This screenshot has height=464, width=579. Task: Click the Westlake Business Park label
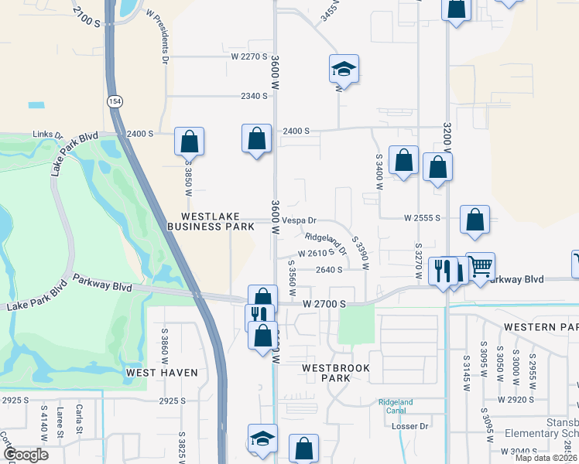[x=211, y=222]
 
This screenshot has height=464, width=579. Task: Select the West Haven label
[x=162, y=373]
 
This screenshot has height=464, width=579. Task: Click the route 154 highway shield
[x=115, y=101]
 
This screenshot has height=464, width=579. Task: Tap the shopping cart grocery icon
[x=481, y=267]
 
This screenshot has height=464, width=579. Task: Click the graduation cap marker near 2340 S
[x=343, y=70]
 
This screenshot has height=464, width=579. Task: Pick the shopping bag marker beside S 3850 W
[x=189, y=142]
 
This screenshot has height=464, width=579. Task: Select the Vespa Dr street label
[x=300, y=220]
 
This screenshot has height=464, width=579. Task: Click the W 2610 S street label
[x=316, y=253]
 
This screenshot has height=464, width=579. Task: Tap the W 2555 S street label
[x=422, y=219]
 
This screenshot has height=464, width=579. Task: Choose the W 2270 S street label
[x=248, y=56]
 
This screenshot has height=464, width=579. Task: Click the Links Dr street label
[x=47, y=135]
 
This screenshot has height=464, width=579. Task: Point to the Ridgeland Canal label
[x=396, y=406]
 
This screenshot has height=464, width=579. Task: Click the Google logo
[x=26, y=455]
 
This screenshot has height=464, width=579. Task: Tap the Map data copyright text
[x=545, y=458]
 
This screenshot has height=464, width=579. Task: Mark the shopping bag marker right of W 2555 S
[x=475, y=220]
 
